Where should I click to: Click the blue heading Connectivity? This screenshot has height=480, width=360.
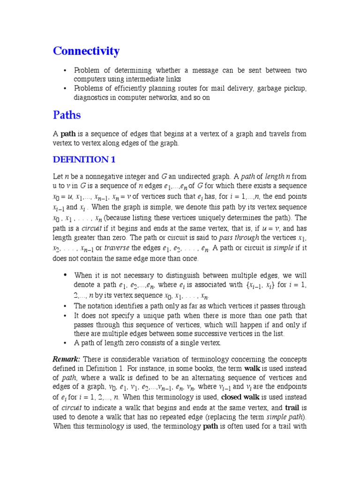coord(86,51)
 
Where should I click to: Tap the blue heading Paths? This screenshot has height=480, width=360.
coord(67,115)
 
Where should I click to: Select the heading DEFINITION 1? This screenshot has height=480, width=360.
coord(84,159)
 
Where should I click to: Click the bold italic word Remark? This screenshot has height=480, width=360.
coord(67,359)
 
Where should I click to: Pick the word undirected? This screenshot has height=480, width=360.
coord(189,177)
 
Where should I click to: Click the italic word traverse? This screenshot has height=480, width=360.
coord(117,248)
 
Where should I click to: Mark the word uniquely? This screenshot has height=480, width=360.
coord(219,217)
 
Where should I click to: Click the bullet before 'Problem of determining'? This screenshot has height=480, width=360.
coord(65,70)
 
